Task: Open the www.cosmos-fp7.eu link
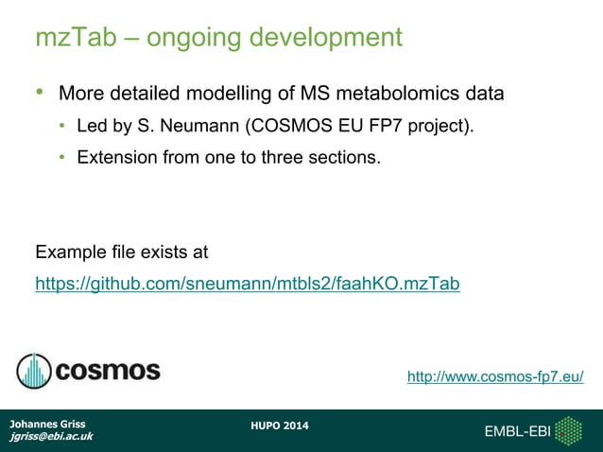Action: click(x=494, y=377)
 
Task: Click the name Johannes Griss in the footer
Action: click(x=47, y=424)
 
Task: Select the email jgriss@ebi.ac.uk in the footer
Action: click(x=51, y=437)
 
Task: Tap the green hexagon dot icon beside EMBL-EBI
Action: click(x=568, y=431)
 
